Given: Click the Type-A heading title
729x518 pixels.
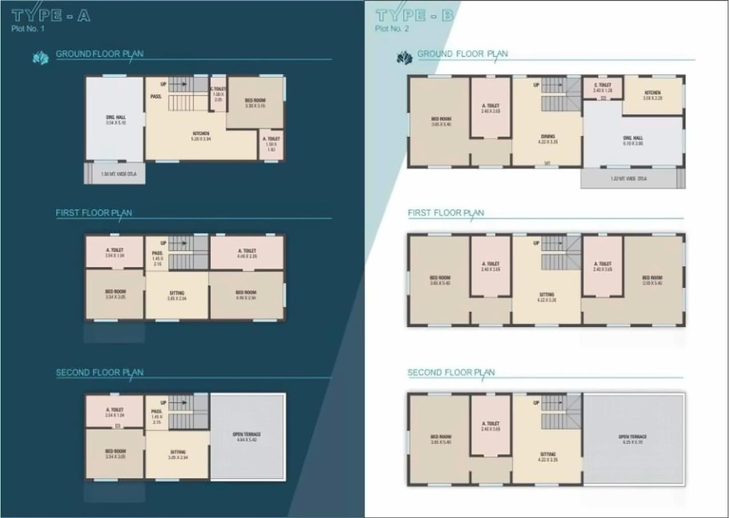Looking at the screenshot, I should pos(51,15).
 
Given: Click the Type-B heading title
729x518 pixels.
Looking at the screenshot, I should pos(415,15).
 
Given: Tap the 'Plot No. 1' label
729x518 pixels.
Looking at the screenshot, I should pos(28,29).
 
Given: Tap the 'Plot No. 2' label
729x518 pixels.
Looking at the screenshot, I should pos(392,29).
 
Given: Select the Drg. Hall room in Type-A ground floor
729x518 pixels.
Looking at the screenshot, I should pos(115,119).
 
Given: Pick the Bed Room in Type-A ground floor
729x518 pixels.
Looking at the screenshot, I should pos(255,103).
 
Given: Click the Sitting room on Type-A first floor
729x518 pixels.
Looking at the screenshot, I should pos(177,295).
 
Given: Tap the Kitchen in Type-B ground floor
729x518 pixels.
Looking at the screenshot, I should pos(653,95).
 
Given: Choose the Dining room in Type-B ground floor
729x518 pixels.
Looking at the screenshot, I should pos(547,139).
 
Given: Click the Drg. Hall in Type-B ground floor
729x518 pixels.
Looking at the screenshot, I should pos(633,141).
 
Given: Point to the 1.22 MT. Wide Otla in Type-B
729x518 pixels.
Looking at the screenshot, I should pos(629,178).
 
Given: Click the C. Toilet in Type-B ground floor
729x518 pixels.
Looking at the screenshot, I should pos(602,88).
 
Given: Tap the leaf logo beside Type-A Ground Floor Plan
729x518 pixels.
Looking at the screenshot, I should pos(41,58).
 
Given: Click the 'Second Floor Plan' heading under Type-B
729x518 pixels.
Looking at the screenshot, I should pos(451,373).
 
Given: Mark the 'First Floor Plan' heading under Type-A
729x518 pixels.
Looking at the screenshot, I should pos(94,213).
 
